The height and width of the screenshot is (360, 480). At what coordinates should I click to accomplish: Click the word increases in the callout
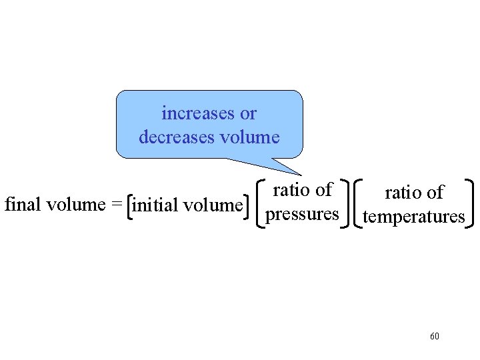pos(195,113)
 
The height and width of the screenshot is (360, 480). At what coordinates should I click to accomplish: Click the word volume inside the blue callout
pos(249,137)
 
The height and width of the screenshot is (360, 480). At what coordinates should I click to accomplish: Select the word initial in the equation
pos(156,205)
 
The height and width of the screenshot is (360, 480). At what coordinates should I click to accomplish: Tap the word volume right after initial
pos(212,205)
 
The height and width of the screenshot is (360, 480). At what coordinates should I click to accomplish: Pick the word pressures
pos(302,214)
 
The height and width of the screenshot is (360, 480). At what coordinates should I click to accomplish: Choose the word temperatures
pos(414,217)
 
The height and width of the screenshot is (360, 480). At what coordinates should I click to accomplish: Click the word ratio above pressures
pos(292,190)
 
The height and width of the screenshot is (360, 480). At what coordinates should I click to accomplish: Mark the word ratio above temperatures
pos(403,193)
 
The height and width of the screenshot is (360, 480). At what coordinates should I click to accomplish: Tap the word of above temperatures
pos(435,193)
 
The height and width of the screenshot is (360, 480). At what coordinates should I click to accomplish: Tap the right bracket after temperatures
pos(471,203)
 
